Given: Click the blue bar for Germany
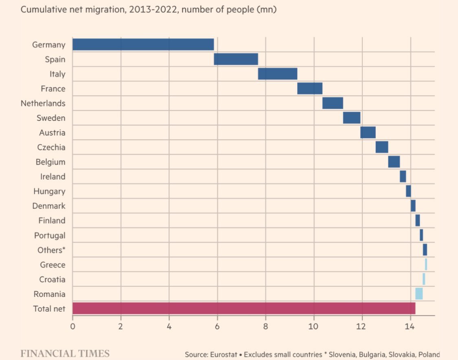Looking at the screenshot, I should [x=143, y=44].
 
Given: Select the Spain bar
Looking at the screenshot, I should [x=236, y=59].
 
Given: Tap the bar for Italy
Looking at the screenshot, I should [x=278, y=74].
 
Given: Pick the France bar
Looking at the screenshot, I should [x=310, y=88].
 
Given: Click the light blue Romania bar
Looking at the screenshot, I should [x=419, y=294].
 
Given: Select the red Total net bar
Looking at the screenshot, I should [x=243, y=308].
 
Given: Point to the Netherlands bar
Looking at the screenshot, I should [x=333, y=103].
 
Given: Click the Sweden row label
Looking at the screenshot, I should [x=50, y=118].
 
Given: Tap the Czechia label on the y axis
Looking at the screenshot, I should [x=51, y=147].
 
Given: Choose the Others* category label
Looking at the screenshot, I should [x=51, y=250].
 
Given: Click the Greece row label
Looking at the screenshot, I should [x=53, y=265].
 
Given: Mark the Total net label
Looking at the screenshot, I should [x=49, y=309].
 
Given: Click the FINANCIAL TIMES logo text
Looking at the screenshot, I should [x=65, y=353].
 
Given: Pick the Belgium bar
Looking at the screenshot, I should [x=394, y=162].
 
